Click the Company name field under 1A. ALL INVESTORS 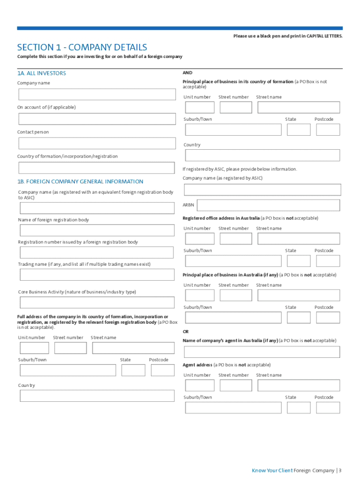pos(97,94)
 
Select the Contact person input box pos(97,144)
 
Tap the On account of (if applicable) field pos(97,119)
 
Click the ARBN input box pos(268,205)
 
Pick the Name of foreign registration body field pos(97,230)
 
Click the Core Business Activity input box pos(97,302)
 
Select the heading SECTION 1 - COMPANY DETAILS pos(82,47)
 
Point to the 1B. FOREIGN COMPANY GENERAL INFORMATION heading pos(80,181)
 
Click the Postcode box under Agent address pos(328,407)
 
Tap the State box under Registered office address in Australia pos(298,261)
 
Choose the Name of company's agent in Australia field pos(262,352)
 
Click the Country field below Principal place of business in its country pos(262,155)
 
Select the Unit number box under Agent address pos(200,385)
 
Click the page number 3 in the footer pos(340,471)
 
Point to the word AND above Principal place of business pos(187,73)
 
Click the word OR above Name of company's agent pos(186,332)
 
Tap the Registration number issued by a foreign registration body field pos(97,253)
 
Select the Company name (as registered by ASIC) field pos(262,190)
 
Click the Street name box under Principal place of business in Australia pos(298,295)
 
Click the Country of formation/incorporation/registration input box pos(97,168)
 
